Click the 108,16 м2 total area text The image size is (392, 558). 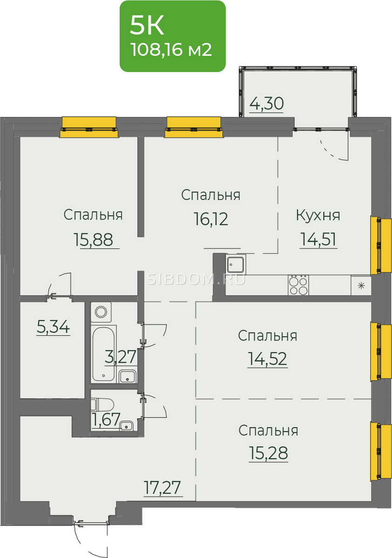point(171,50)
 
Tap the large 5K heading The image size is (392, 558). point(147,26)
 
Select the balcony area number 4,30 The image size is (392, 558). point(267,104)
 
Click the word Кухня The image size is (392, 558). point(318,215)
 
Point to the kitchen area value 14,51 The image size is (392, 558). point(318,239)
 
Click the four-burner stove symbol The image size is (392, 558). point(298,285)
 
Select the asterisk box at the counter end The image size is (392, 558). point(361,286)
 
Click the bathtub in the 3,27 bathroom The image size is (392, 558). point(103,354)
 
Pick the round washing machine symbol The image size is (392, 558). point(101,312)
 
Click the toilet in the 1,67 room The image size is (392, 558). point(102,405)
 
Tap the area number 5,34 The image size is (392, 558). point(53,327)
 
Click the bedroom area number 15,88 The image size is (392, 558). point(94,239)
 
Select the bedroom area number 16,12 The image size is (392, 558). point(211,219)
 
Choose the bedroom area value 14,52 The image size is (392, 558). point(267,359)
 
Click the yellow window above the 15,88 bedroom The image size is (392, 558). point(89,127)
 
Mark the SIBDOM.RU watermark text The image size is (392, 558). point(196,279)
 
